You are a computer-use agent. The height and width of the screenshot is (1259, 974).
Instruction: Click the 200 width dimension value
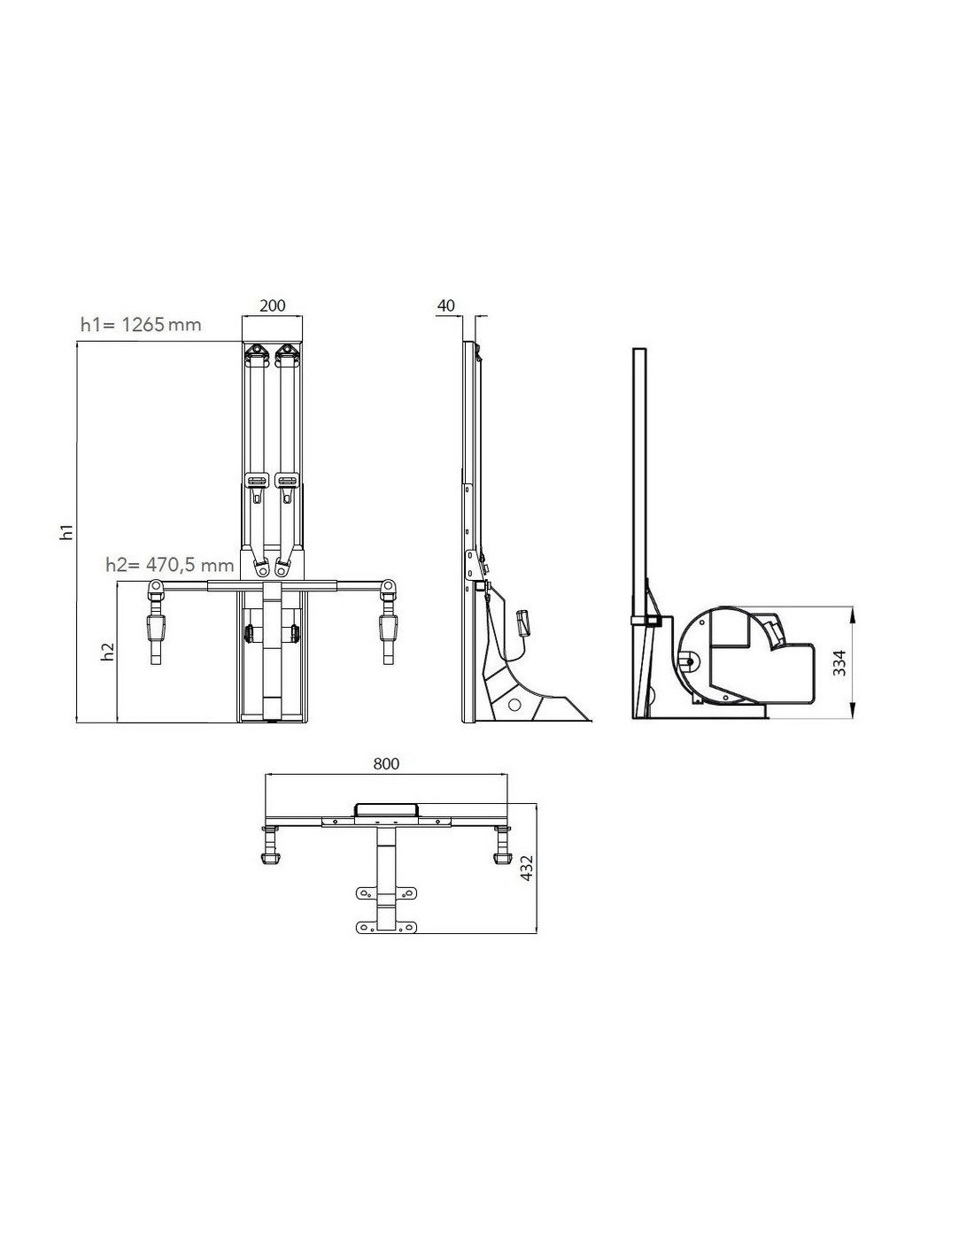272,305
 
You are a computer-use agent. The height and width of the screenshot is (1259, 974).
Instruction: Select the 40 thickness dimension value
446,305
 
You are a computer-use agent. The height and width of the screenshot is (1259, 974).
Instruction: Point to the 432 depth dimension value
526,869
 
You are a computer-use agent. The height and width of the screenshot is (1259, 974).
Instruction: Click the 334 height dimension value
839,663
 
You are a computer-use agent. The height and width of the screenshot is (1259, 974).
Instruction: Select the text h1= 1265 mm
141,324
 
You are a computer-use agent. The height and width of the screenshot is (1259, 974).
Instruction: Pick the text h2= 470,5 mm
169,564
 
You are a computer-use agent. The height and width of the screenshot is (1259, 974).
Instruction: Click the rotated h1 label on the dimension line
67,532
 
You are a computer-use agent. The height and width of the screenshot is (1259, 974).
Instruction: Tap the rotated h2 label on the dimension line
107,652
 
